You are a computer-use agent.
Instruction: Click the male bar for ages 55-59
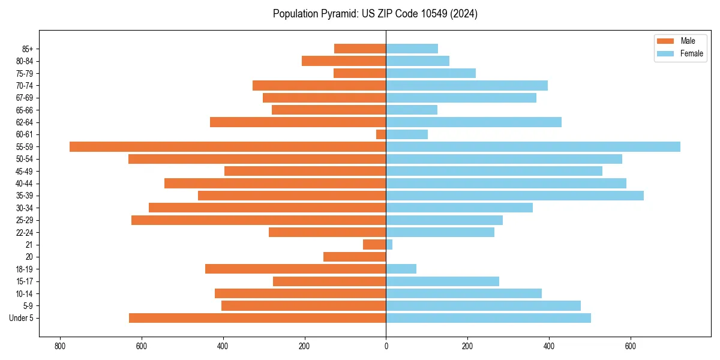point(227,146)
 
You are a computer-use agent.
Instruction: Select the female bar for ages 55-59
point(533,146)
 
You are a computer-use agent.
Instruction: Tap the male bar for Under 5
point(257,318)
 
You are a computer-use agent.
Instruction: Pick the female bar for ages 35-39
point(515,196)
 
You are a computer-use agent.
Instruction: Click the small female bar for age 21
point(389,245)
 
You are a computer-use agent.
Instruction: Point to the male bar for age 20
point(355,257)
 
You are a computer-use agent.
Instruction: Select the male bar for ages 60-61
point(381,134)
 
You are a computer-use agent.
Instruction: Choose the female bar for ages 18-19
point(401,269)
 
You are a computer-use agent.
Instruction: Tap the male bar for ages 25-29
point(259,220)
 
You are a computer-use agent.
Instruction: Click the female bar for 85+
point(412,49)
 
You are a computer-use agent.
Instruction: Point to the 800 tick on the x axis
point(60,346)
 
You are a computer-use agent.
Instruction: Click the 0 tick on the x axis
point(386,346)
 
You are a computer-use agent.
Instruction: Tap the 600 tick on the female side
point(631,346)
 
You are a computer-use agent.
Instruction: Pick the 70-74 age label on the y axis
point(25,86)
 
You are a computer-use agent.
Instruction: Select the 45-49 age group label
point(25,172)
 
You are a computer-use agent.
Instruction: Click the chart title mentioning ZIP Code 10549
point(375,14)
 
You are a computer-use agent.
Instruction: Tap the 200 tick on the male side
point(304,346)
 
